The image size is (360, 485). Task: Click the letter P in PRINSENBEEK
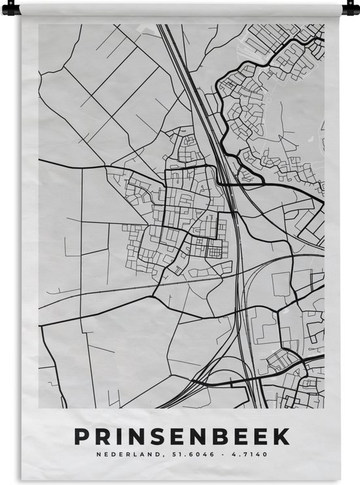pyautogui.click(x=82, y=436)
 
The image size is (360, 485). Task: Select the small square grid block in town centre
pyautogui.click(x=215, y=250)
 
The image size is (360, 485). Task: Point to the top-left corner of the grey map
pyautogui.click(x=39, y=25)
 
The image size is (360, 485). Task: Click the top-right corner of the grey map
pyautogui.click(x=324, y=25)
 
